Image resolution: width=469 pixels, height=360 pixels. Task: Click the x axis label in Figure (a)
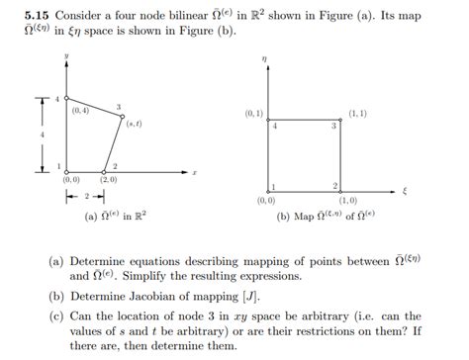pyautogui.click(x=194, y=172)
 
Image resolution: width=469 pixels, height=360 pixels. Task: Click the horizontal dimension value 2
pyautogui.click(x=85, y=197)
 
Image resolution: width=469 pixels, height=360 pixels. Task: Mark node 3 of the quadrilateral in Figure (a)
pyautogui.click(x=124, y=116)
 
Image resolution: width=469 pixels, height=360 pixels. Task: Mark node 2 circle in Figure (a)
pyautogui.click(x=105, y=172)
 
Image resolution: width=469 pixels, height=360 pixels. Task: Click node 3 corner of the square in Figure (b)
pyautogui.click(x=342, y=120)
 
